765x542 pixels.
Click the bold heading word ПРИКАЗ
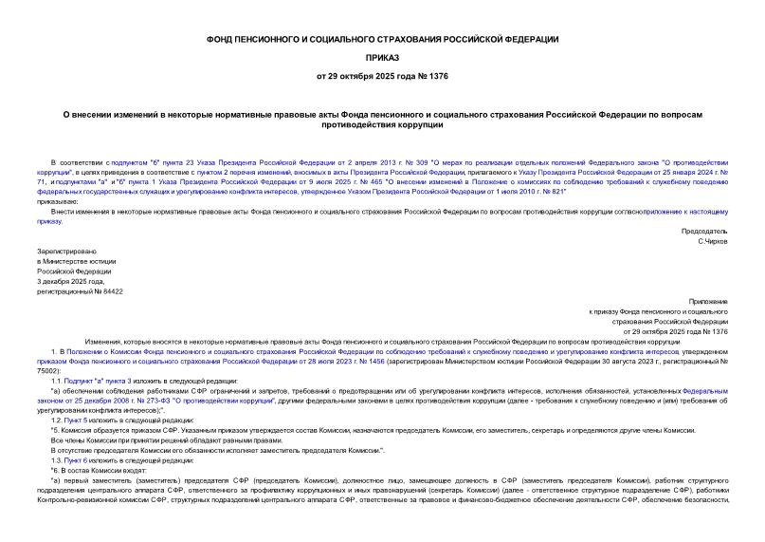(383, 57)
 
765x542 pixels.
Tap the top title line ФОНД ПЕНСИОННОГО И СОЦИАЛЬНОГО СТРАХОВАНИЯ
(383, 39)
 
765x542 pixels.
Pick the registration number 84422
(110, 291)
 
